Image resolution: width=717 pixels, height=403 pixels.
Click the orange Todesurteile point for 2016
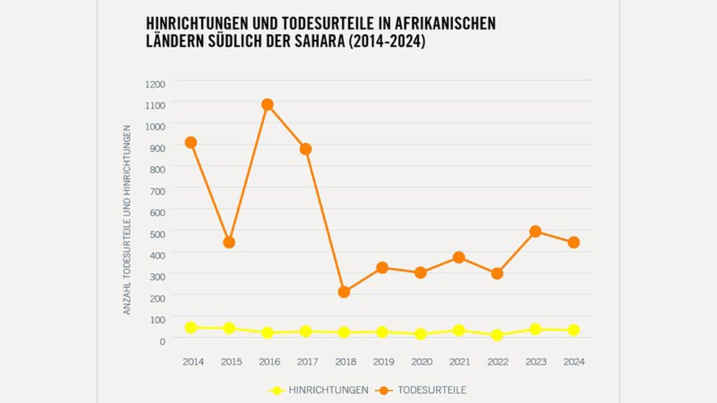click(267, 105)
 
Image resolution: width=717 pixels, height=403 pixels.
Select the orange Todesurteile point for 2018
click(344, 292)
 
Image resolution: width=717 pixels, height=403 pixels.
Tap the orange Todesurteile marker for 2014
click(191, 142)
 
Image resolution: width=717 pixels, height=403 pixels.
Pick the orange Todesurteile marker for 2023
click(536, 231)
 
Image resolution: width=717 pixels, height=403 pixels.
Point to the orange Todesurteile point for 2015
click(229, 242)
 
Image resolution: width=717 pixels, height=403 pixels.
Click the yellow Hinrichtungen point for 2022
click(497, 335)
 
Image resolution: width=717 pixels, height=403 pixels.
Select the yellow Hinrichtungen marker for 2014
click(191, 327)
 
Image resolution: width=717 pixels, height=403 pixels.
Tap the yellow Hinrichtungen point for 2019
click(382, 332)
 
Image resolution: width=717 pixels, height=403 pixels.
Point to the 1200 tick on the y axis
click(155, 84)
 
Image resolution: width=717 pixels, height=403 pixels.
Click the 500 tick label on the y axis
click(157, 233)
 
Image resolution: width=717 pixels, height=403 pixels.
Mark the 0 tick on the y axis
click(162, 341)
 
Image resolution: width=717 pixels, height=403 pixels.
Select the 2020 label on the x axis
click(421, 361)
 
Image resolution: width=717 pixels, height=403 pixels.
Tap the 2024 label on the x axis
click(574, 361)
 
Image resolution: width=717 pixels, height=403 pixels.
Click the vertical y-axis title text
click(127, 219)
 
